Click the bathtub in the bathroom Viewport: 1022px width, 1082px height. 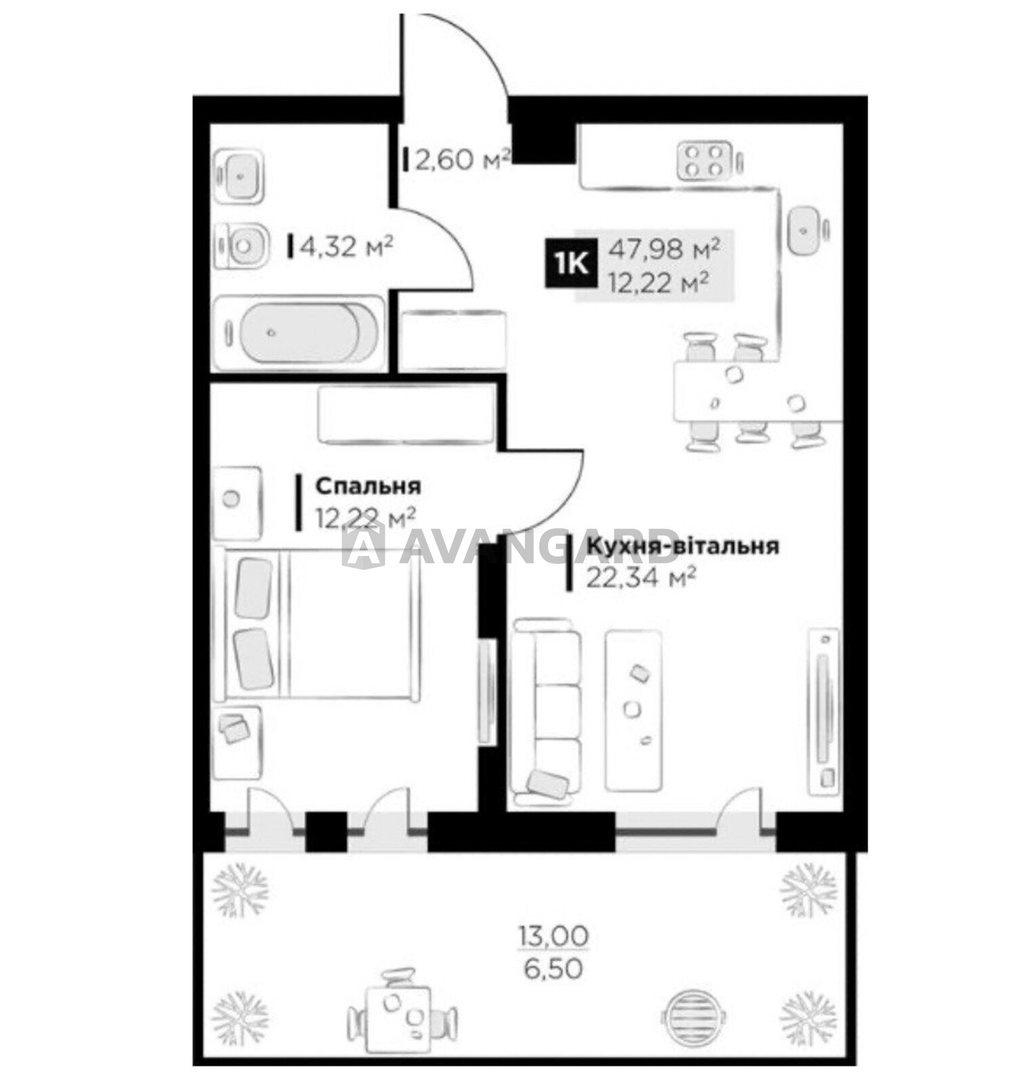pyautogui.click(x=298, y=332)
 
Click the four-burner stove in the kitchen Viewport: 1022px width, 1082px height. pyautogui.click(x=704, y=160)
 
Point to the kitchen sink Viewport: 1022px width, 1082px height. pyautogui.click(x=807, y=230)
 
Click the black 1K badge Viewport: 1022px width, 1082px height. pyautogui.click(x=571, y=263)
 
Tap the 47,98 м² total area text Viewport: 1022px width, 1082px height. pyautogui.click(x=663, y=250)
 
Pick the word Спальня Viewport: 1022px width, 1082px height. pyautogui.click(x=368, y=486)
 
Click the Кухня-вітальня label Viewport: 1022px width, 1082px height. pyautogui.click(x=682, y=546)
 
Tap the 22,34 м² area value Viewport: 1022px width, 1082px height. pyautogui.click(x=641, y=578)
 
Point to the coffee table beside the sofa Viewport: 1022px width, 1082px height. pyautogui.click(x=633, y=709)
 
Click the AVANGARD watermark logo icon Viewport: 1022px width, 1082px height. pyautogui.click(x=363, y=544)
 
